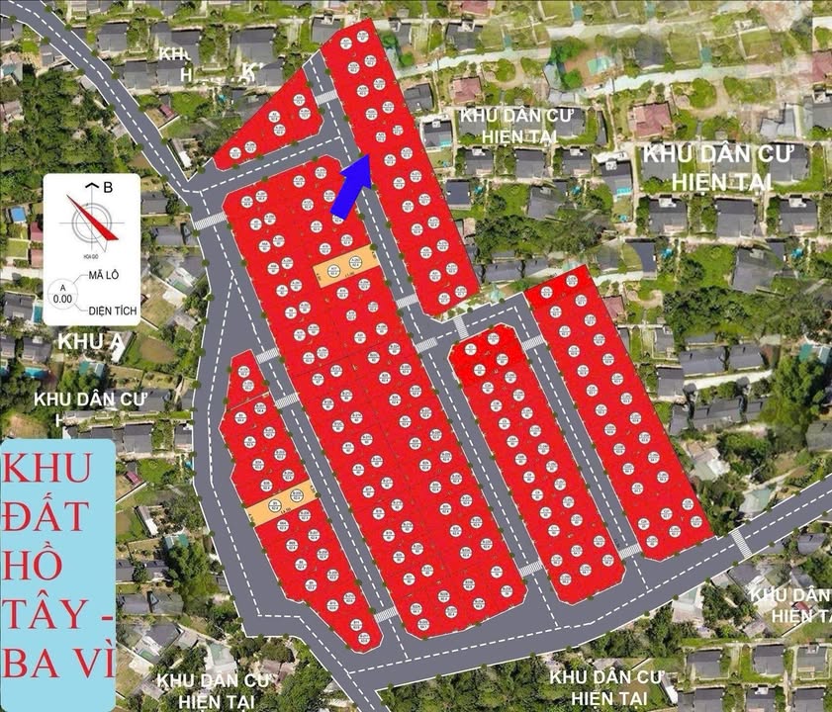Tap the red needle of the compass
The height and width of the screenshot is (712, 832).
tap(94, 220)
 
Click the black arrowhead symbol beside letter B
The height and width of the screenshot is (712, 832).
tap(91, 185)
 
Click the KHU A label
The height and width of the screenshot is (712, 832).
tap(81, 342)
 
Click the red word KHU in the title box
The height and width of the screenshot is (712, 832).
tap(55, 465)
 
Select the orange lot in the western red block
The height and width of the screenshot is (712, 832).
tap(281, 503)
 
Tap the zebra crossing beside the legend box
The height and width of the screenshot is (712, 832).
tap(209, 220)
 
